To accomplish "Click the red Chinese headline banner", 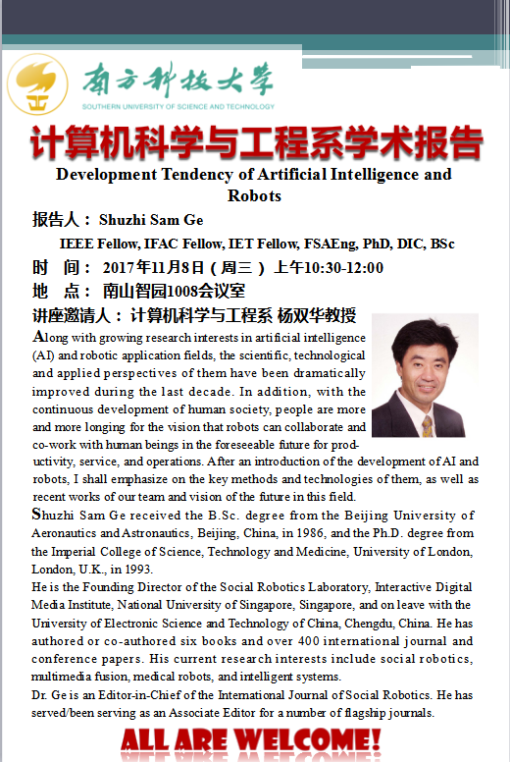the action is [x=255, y=143].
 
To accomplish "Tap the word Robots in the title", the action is [x=254, y=195].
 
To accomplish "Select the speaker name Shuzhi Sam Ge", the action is [x=150, y=219].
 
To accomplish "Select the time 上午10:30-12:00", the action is [x=328, y=267].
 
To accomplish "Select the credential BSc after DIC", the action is [x=440, y=244].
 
